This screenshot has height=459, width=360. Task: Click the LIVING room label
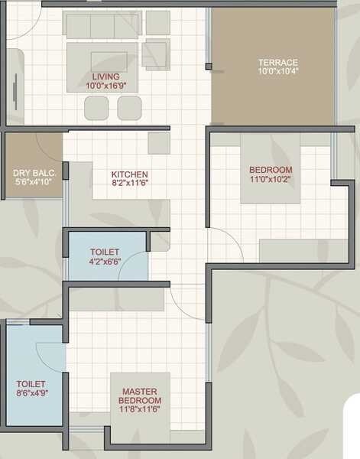(x=106, y=77)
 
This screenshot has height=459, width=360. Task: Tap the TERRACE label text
(x=277, y=62)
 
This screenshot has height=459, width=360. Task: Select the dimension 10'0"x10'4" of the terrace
(x=277, y=71)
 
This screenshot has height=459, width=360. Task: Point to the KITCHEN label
(x=129, y=174)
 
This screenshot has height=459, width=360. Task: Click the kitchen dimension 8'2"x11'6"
(x=129, y=184)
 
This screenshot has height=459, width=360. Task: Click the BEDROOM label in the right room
(x=271, y=169)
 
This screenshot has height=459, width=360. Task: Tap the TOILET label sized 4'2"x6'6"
(x=104, y=252)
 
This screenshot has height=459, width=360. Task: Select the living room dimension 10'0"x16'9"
(x=106, y=86)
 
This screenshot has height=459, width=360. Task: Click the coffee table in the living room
(x=102, y=60)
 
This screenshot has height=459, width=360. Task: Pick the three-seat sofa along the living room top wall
(x=102, y=24)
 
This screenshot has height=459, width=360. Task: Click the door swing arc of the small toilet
(x=135, y=268)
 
